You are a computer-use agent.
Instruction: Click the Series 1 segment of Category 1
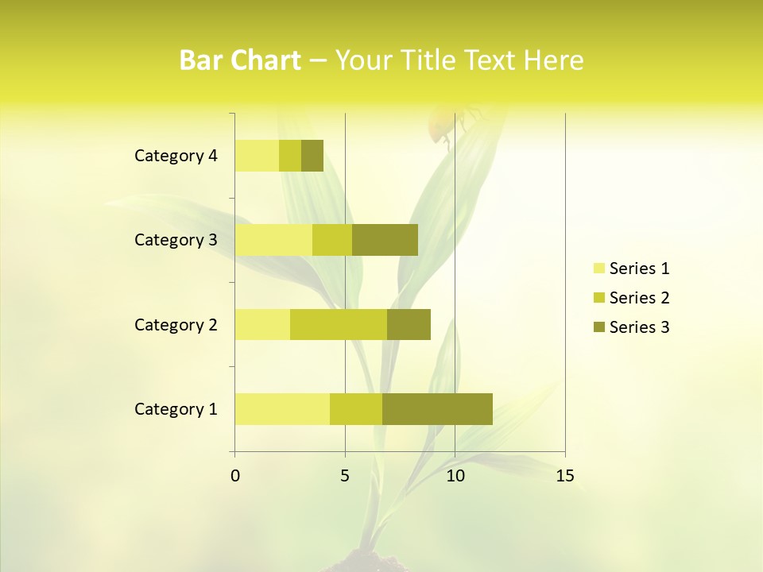click(x=282, y=408)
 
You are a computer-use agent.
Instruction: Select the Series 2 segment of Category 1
click(x=356, y=408)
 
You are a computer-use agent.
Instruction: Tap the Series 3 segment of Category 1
click(x=437, y=408)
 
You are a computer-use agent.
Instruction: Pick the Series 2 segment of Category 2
click(x=339, y=324)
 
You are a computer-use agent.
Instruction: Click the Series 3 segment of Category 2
click(x=409, y=324)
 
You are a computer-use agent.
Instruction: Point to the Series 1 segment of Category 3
click(x=273, y=240)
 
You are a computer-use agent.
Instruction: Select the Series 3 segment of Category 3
click(x=385, y=240)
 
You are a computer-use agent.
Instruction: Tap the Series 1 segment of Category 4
click(x=257, y=156)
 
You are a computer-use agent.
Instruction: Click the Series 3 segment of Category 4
click(x=312, y=156)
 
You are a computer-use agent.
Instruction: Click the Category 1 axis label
click(x=176, y=409)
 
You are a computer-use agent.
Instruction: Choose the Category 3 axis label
click(x=176, y=240)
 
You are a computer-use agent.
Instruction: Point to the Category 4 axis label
click(x=176, y=156)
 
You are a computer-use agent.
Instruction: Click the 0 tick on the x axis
click(x=235, y=476)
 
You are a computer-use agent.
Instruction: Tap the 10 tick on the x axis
click(x=455, y=476)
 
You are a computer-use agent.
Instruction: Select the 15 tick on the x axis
click(x=565, y=476)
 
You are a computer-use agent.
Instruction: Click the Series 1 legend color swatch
click(x=598, y=269)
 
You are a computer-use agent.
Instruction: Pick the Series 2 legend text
click(x=639, y=298)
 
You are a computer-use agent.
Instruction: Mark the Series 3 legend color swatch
click(x=598, y=327)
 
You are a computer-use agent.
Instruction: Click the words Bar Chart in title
click(x=240, y=60)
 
